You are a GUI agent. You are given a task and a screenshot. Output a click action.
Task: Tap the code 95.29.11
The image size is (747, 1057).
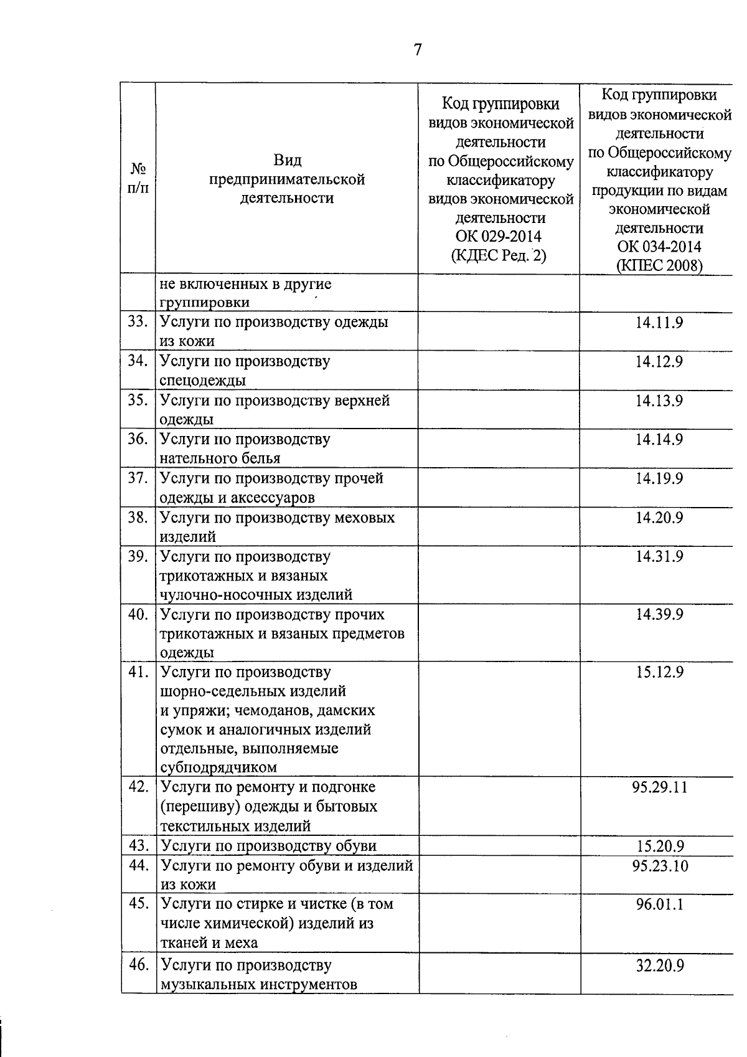tap(659, 787)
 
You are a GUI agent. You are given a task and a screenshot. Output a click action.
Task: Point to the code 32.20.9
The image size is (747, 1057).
tap(659, 965)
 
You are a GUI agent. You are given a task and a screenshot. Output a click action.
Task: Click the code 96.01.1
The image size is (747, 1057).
tap(659, 904)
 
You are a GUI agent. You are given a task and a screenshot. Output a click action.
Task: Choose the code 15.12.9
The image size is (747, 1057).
tap(659, 673)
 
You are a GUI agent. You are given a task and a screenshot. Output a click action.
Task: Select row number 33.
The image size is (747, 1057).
tap(138, 323)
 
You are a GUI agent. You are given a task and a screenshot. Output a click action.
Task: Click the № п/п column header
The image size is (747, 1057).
tap(138, 178)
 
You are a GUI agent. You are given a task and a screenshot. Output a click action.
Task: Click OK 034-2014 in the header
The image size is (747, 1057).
tap(659, 247)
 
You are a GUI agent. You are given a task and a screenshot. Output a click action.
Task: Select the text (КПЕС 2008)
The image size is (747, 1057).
tap(659, 265)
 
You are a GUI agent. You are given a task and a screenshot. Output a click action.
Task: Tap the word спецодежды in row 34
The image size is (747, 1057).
tap(202, 381)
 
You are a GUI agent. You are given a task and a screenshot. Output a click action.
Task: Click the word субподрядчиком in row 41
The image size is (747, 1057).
tap(218, 767)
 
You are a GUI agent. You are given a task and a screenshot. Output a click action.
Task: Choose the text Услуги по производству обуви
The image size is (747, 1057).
tap(268, 846)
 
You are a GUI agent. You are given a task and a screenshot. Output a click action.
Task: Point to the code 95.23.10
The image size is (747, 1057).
tap(659, 866)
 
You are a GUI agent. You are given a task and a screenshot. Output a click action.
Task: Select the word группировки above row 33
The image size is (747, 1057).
tap(205, 303)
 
